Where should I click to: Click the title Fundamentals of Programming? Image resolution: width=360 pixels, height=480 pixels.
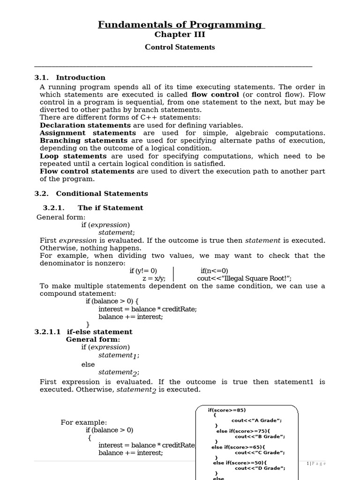coord(181,25)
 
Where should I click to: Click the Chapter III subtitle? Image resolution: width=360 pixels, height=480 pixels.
coord(180,35)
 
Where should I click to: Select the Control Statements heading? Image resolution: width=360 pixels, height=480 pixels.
coord(180,47)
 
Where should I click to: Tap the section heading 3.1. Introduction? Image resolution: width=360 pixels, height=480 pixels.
coord(70,78)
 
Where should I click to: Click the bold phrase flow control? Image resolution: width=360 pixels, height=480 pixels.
coord(212,95)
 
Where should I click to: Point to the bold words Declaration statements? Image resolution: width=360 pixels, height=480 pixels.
coord(85,126)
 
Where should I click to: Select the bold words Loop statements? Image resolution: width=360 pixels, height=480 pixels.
coord(73,156)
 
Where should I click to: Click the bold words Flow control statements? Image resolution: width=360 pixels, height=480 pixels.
coord(87,172)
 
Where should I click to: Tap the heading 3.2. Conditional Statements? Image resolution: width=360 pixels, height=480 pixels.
coord(91,194)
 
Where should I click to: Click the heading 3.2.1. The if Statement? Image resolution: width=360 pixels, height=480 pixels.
coord(93,208)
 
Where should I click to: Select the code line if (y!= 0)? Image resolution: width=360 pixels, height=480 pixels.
coord(143,271)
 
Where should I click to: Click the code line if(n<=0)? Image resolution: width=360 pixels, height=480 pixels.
coord(214,271)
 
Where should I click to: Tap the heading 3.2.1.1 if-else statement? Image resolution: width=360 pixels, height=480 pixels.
coord(83,332)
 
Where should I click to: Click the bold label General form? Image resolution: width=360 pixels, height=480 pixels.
coord(93,339)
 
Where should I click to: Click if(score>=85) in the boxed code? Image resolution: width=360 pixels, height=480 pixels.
coord(227,410)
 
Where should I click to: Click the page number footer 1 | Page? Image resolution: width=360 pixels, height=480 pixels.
coord(316,464)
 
